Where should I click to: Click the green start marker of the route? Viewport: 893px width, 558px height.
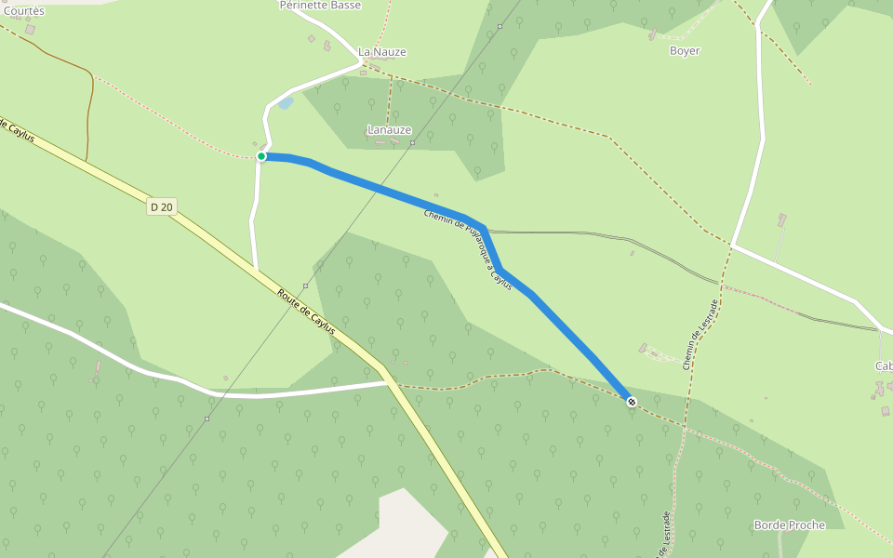(x=261, y=156)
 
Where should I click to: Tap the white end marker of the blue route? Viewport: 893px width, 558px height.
(x=632, y=402)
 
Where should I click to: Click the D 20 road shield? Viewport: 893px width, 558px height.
(x=161, y=207)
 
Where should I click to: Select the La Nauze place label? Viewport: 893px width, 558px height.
(x=382, y=52)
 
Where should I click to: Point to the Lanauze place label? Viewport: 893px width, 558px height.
(x=389, y=130)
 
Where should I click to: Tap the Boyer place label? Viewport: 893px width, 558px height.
(x=685, y=51)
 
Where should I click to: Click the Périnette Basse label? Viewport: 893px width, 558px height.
(x=320, y=6)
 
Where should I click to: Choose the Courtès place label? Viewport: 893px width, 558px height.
(x=23, y=11)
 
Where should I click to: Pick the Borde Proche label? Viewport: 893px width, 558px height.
(x=790, y=525)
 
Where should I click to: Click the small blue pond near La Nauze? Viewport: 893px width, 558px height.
(x=286, y=102)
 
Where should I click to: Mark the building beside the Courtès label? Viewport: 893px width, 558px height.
(x=31, y=30)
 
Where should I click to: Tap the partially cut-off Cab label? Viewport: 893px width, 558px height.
(x=883, y=366)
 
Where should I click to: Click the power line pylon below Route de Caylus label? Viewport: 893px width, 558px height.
(x=305, y=286)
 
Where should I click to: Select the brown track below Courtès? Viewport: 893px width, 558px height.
(x=90, y=112)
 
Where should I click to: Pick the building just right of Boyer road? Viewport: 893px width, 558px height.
(x=781, y=219)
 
